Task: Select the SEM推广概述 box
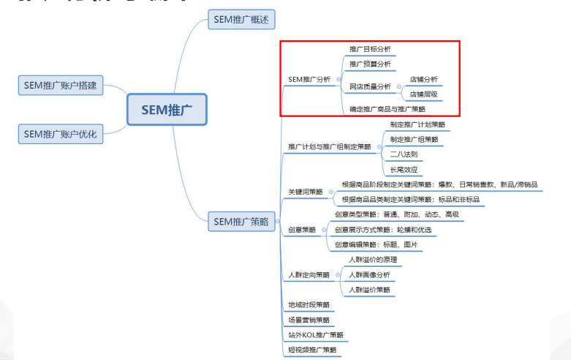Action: click(241, 20)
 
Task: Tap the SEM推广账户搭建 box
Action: click(60, 86)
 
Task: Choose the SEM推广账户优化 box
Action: click(60, 134)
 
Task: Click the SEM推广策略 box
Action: click(241, 221)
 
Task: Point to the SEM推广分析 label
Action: click(309, 79)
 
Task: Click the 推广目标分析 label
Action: click(370, 50)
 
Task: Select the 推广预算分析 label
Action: click(370, 64)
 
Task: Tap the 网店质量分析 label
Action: click(370, 86)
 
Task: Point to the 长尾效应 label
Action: click(404, 170)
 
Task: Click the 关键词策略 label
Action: click(306, 192)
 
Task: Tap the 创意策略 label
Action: click(302, 230)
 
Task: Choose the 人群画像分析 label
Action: click(369, 275)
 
